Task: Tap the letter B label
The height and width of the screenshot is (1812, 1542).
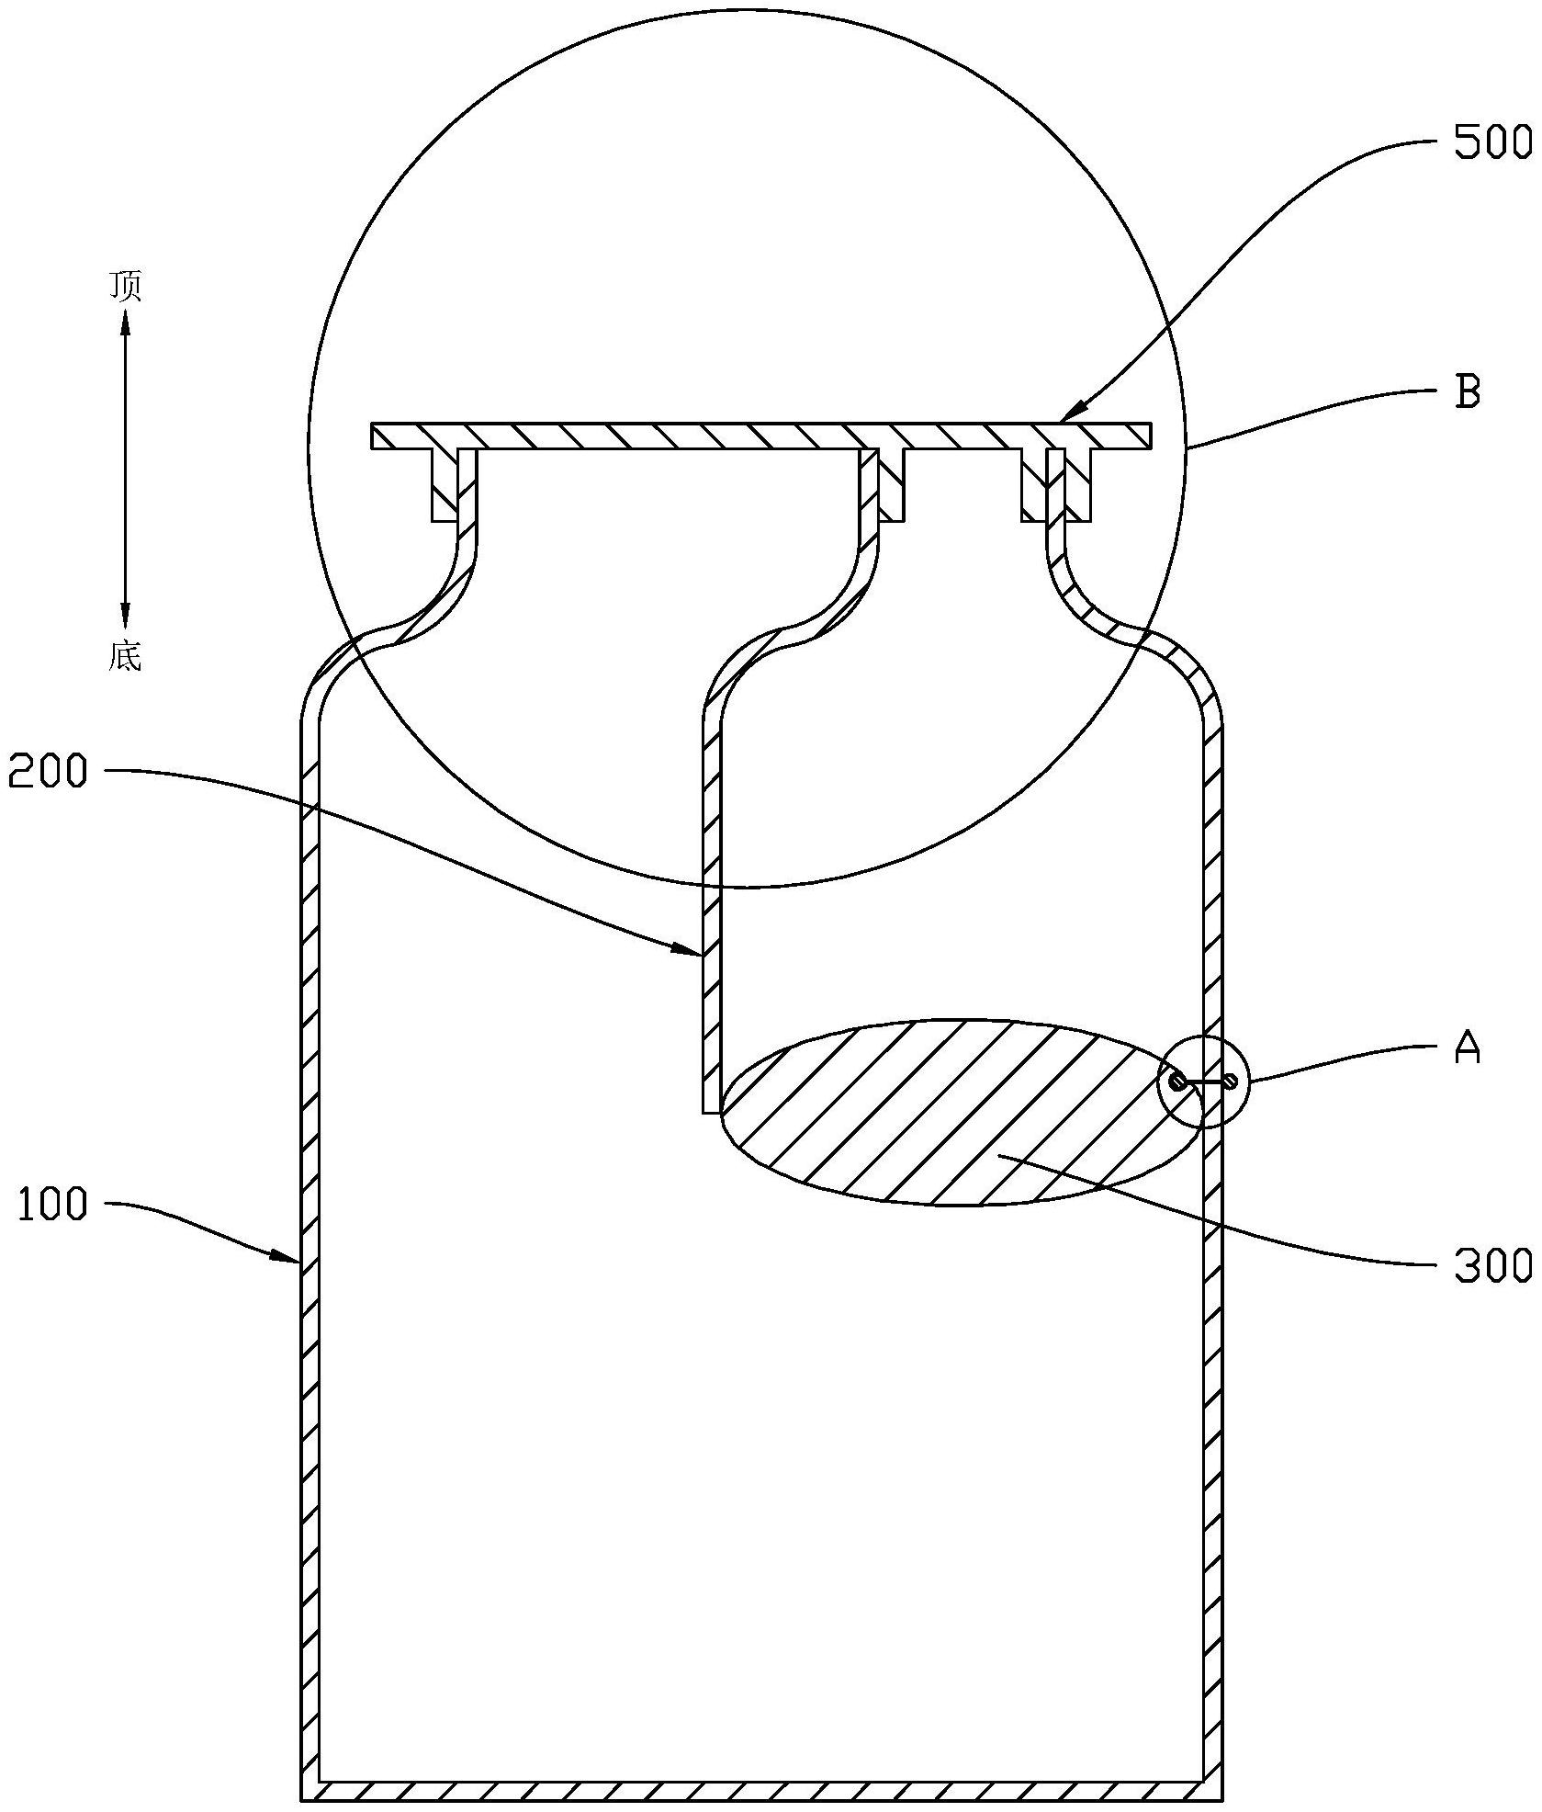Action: point(1469,392)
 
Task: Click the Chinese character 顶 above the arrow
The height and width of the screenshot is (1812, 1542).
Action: point(127,288)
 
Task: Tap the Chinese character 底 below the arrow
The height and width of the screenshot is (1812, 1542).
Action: point(126,656)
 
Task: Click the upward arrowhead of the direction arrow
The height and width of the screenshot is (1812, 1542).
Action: point(126,322)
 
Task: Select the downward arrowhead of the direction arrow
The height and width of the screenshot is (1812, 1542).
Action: point(126,617)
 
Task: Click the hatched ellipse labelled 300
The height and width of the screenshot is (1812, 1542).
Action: point(962,1113)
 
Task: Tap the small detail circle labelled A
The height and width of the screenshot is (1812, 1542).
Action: point(1204,1082)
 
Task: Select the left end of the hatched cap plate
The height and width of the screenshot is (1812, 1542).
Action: point(373,436)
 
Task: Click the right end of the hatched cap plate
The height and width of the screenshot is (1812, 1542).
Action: point(1149,436)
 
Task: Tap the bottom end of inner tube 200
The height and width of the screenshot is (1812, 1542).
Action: point(711,1113)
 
